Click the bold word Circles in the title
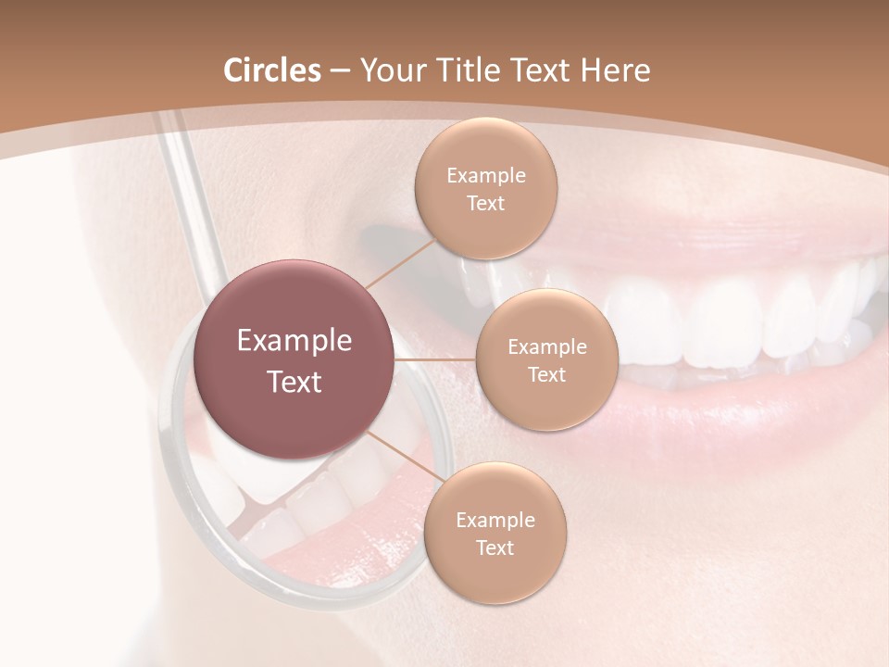tap(272, 70)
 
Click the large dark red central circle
tap(294, 359)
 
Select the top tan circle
tap(485, 189)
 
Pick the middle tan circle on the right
tap(546, 359)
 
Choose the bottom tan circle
tap(495, 533)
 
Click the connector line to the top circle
tap(401, 262)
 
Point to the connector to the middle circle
tap(434, 359)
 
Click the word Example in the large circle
tap(294, 341)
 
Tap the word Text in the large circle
tap(294, 382)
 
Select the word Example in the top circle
tap(485, 175)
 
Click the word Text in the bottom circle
tap(495, 547)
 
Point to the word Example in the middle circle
tap(546, 346)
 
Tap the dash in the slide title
tap(339, 70)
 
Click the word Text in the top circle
tap(485, 203)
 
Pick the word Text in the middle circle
tap(546, 374)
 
